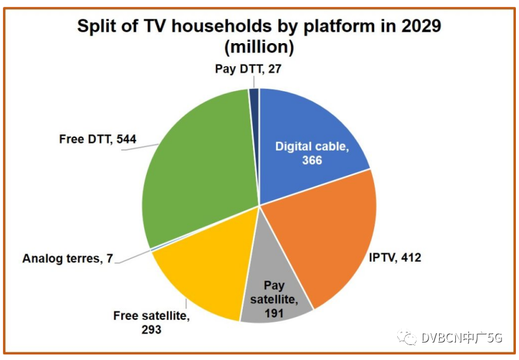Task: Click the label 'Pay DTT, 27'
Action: click(249, 69)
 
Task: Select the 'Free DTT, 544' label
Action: click(98, 139)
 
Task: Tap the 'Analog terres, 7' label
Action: click(67, 258)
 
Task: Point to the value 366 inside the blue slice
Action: click(310, 161)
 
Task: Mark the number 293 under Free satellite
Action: click(151, 329)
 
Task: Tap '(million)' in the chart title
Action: click(259, 46)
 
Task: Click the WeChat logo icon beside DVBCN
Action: click(408, 338)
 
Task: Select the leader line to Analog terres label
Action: click(132, 254)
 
